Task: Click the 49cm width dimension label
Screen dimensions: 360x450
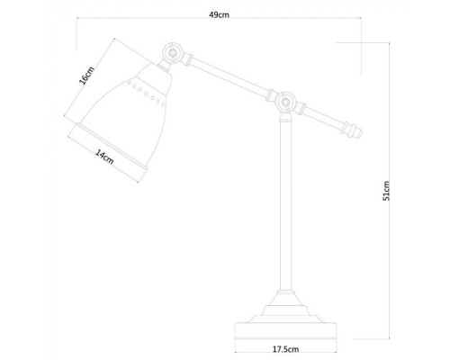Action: pyautogui.click(x=218, y=15)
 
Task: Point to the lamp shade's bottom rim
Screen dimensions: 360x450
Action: pyautogui.click(x=107, y=145)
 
